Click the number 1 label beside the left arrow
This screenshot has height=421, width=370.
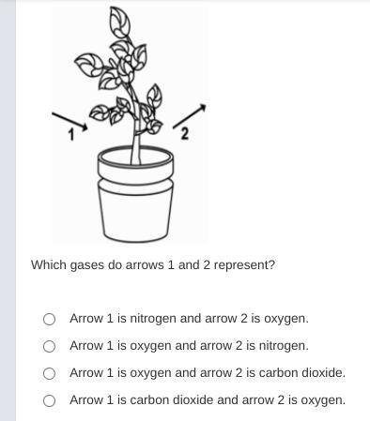(71, 135)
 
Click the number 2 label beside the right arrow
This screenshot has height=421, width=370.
(185, 134)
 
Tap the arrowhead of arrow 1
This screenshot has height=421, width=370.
(84, 127)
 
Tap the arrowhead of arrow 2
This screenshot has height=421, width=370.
(202, 107)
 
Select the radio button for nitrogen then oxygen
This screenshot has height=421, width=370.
(49, 319)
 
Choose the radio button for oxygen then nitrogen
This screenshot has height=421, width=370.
(49, 346)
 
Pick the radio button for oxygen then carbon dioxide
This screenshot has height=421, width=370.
(49, 373)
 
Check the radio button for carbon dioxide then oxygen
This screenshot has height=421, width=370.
(49, 400)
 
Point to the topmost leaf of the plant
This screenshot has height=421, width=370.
(119, 22)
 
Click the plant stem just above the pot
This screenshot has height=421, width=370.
(135, 150)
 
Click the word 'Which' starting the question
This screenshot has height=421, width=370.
(49, 265)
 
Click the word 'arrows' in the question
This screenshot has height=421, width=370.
(145, 265)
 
